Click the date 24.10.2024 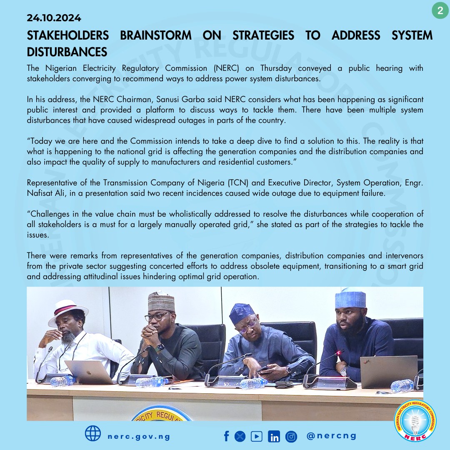pos(54,18)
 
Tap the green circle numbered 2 pos(440,10)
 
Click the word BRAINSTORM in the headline pos(156,35)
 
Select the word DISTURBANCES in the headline pos(67,52)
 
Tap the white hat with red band pos(67,311)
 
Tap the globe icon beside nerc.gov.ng pos(93,433)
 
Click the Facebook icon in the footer pos(227,436)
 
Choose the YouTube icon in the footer pos(257,436)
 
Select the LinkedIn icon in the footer pos(274,437)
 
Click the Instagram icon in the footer pos(291,437)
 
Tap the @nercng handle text pos(331,436)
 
